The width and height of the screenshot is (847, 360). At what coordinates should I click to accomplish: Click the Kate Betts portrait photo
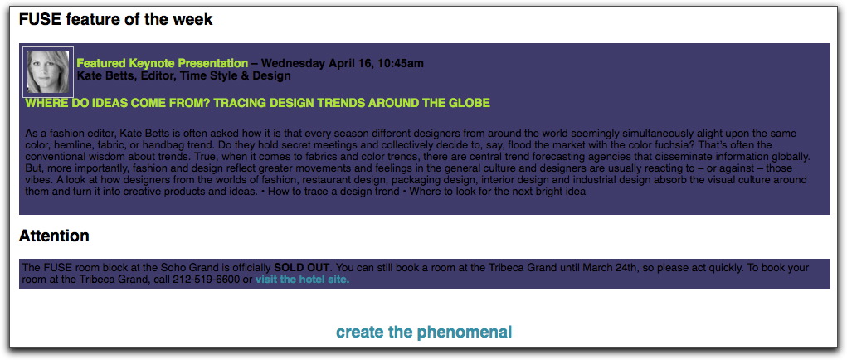tap(48, 72)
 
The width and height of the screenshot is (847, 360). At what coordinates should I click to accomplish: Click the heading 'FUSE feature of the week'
tap(115, 20)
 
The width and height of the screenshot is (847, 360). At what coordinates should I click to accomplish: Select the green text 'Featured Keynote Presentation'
tap(163, 63)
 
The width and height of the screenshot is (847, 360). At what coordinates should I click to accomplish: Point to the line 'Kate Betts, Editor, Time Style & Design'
tap(183, 76)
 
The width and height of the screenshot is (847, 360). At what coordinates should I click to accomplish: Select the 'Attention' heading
tap(54, 236)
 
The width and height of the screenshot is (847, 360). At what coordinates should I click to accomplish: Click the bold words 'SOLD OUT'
tap(302, 267)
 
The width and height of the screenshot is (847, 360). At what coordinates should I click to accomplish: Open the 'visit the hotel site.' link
tap(303, 280)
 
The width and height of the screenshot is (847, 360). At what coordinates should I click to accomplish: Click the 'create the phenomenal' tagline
tap(424, 332)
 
